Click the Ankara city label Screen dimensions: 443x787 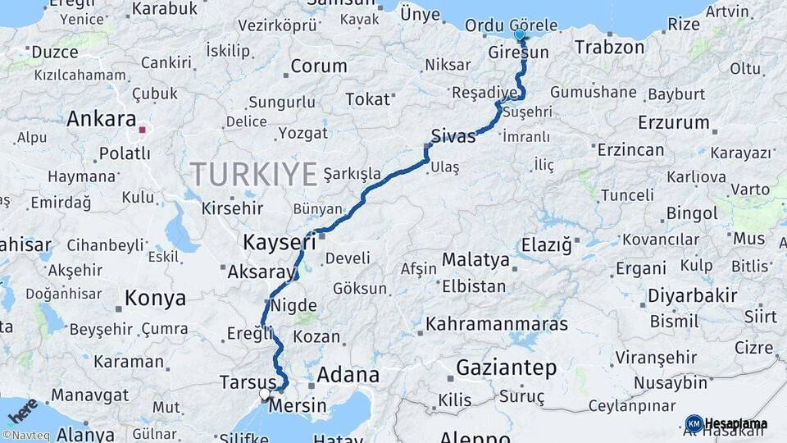pyautogui.click(x=101, y=119)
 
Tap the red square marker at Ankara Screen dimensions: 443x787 pyautogui.click(x=143, y=129)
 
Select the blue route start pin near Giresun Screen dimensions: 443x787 pyautogui.click(x=520, y=35)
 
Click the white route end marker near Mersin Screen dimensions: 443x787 pyautogui.click(x=265, y=394)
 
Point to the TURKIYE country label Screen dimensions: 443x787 pyautogui.click(x=253, y=175)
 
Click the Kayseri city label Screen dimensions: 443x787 pyautogui.click(x=279, y=242)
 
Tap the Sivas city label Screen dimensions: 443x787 pyautogui.click(x=453, y=136)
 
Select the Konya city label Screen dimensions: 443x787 pyautogui.click(x=155, y=298)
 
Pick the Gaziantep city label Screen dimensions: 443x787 pyautogui.click(x=506, y=368)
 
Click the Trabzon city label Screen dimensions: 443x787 pyautogui.click(x=609, y=47)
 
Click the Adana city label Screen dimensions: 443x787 pyautogui.click(x=348, y=376)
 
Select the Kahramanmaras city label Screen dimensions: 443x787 pyautogui.click(x=497, y=323)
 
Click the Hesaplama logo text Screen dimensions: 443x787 pyautogui.click(x=735, y=423)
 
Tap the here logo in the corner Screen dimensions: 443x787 pyautogui.click(x=23, y=408)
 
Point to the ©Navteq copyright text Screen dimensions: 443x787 pyautogui.click(x=24, y=435)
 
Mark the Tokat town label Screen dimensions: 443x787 pyautogui.click(x=367, y=99)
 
